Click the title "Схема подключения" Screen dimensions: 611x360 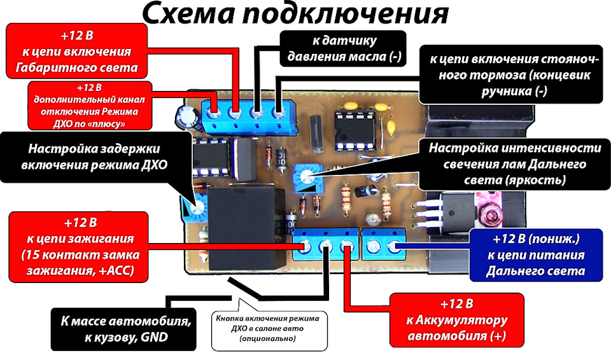click(x=295, y=15)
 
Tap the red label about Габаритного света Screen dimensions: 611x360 click(x=77, y=51)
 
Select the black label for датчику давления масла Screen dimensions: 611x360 click(x=343, y=49)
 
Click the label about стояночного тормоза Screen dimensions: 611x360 click(x=511, y=75)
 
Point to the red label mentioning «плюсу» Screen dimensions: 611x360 click(x=90, y=106)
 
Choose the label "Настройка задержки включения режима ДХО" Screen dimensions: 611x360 click(x=94, y=156)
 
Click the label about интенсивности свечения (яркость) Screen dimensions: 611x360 click(x=515, y=164)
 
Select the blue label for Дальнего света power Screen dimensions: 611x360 click(x=536, y=255)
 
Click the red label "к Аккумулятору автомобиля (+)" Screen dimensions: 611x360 click(x=457, y=320)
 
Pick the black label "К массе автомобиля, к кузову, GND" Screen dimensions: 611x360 click(x=124, y=329)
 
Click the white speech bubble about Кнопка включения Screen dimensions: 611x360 click(x=269, y=329)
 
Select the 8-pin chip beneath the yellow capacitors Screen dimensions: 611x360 click(x=355, y=130)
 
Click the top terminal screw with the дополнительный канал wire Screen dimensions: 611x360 click(x=213, y=114)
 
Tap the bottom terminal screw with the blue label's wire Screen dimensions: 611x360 click(x=394, y=246)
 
